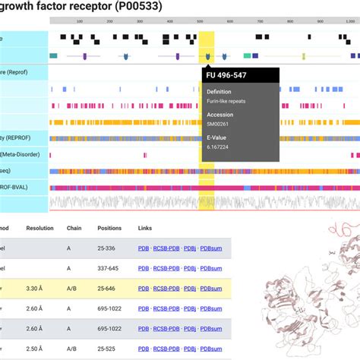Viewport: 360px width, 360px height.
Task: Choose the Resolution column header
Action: [40, 228]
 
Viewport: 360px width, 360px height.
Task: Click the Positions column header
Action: [110, 228]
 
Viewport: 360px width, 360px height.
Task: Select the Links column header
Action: [144, 228]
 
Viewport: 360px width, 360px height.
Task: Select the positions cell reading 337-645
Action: [109, 268]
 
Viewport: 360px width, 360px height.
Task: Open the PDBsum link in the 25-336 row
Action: [216, 248]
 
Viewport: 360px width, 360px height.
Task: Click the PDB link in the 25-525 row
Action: [144, 348]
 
